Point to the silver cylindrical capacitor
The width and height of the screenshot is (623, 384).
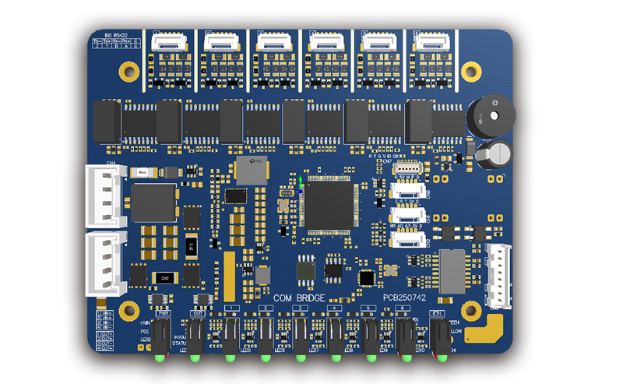pos(495,154)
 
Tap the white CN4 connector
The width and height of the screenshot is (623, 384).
pos(106,195)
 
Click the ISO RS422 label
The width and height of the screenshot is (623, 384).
pos(104,35)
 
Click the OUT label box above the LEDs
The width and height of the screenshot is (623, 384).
pos(197,312)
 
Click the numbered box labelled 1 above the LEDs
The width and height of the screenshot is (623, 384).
pos(231,309)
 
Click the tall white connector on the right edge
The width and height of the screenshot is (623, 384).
pos(498,273)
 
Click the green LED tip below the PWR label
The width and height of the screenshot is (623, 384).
pos(160,358)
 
